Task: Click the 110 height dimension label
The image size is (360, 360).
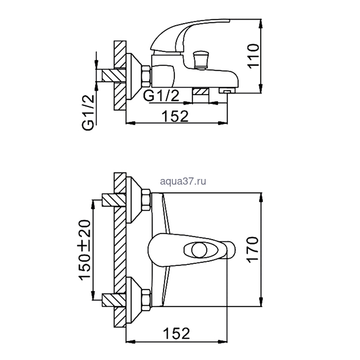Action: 254,56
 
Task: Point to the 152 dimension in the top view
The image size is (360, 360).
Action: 176,333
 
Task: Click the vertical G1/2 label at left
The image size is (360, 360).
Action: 88,113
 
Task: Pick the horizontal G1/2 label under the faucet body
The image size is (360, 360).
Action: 161,96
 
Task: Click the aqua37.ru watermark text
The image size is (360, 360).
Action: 183,182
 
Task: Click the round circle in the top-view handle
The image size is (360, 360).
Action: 200,250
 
